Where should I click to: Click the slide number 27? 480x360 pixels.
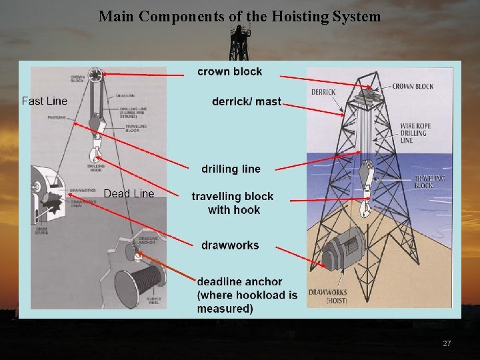tap(447, 343)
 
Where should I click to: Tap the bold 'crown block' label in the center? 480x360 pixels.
tap(230, 72)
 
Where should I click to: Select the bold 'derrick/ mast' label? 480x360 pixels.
tap(247, 102)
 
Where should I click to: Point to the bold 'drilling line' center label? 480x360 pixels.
tap(231, 169)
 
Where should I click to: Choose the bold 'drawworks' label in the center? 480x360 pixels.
tap(230, 245)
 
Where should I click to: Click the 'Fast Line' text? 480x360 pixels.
tap(45, 101)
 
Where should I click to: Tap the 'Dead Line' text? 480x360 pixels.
tap(129, 193)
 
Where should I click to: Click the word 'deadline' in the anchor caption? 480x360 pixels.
tap(221, 282)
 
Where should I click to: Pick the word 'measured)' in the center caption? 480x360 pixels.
tap(225, 309)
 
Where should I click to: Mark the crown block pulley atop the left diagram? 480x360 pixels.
tap(97, 74)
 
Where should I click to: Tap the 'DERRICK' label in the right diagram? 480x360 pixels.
tap(323, 92)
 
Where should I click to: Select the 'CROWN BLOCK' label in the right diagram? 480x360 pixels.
tap(413, 87)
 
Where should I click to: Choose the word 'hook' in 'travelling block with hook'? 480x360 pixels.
tap(247, 210)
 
